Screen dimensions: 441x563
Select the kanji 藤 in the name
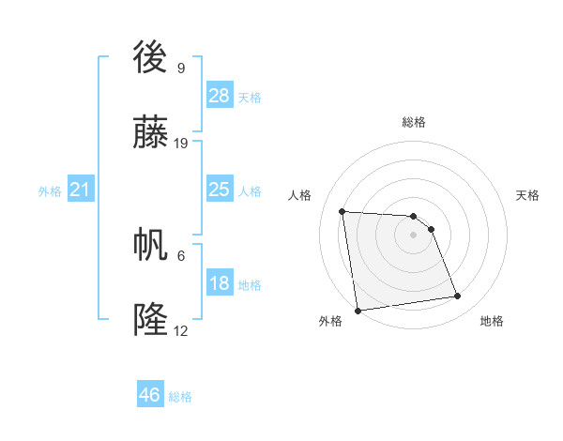151,135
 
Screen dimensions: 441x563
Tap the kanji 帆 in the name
151,246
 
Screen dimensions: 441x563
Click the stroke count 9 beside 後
180,68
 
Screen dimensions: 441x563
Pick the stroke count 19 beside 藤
181,144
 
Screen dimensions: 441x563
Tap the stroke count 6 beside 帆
180,254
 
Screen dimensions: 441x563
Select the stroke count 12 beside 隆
181,330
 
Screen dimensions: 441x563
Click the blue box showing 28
219,96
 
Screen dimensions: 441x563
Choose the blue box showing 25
219,190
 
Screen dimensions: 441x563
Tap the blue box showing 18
219,283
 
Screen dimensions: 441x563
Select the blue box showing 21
81,190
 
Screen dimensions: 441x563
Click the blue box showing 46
150,395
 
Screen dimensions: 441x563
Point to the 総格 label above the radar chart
414,122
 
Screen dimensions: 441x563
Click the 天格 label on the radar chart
527,195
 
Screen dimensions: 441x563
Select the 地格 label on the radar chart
492,321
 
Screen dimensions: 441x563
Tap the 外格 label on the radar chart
330,321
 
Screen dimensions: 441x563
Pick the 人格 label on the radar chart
300,195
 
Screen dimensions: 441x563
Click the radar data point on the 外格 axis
358,310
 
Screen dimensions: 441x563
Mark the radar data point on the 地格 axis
458,297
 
